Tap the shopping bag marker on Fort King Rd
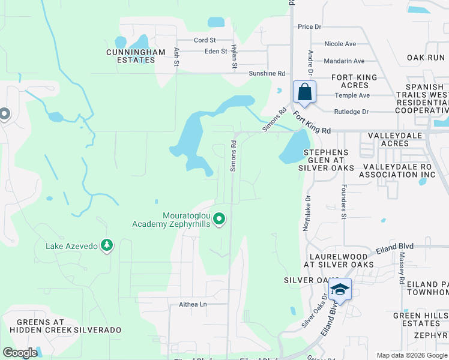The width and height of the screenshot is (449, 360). click(x=305, y=92)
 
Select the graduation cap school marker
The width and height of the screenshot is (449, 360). click(x=340, y=290)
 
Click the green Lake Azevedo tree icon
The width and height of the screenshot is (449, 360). click(x=107, y=245)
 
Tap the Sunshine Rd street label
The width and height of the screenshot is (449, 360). click(x=267, y=73)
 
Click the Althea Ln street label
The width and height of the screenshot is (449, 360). click(x=193, y=304)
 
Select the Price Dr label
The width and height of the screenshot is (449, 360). click(x=310, y=27)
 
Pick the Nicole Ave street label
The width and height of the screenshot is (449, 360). click(x=340, y=44)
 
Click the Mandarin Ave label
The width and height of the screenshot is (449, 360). click(x=344, y=61)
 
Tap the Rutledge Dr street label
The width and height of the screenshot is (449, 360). click(x=351, y=112)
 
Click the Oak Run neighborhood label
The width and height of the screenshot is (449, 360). click(x=426, y=58)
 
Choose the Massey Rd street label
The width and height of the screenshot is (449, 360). click(x=401, y=268)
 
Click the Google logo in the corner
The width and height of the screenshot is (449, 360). click(x=20, y=353)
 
